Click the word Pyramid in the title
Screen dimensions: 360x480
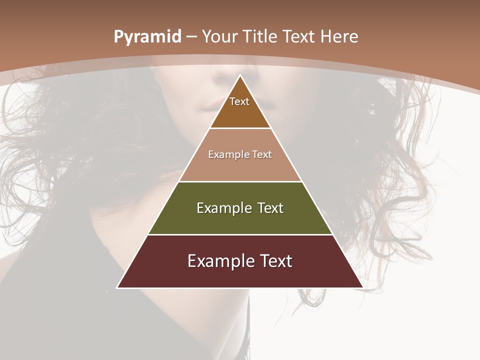pos(147,37)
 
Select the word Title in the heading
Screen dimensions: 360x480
pos(262,37)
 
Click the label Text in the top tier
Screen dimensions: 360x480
pos(239,101)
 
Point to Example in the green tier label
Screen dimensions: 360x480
pos(223,208)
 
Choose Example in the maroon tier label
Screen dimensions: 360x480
pos(219,261)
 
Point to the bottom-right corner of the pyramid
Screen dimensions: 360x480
pos(362,287)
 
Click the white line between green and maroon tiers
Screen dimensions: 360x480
pos(240,234)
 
